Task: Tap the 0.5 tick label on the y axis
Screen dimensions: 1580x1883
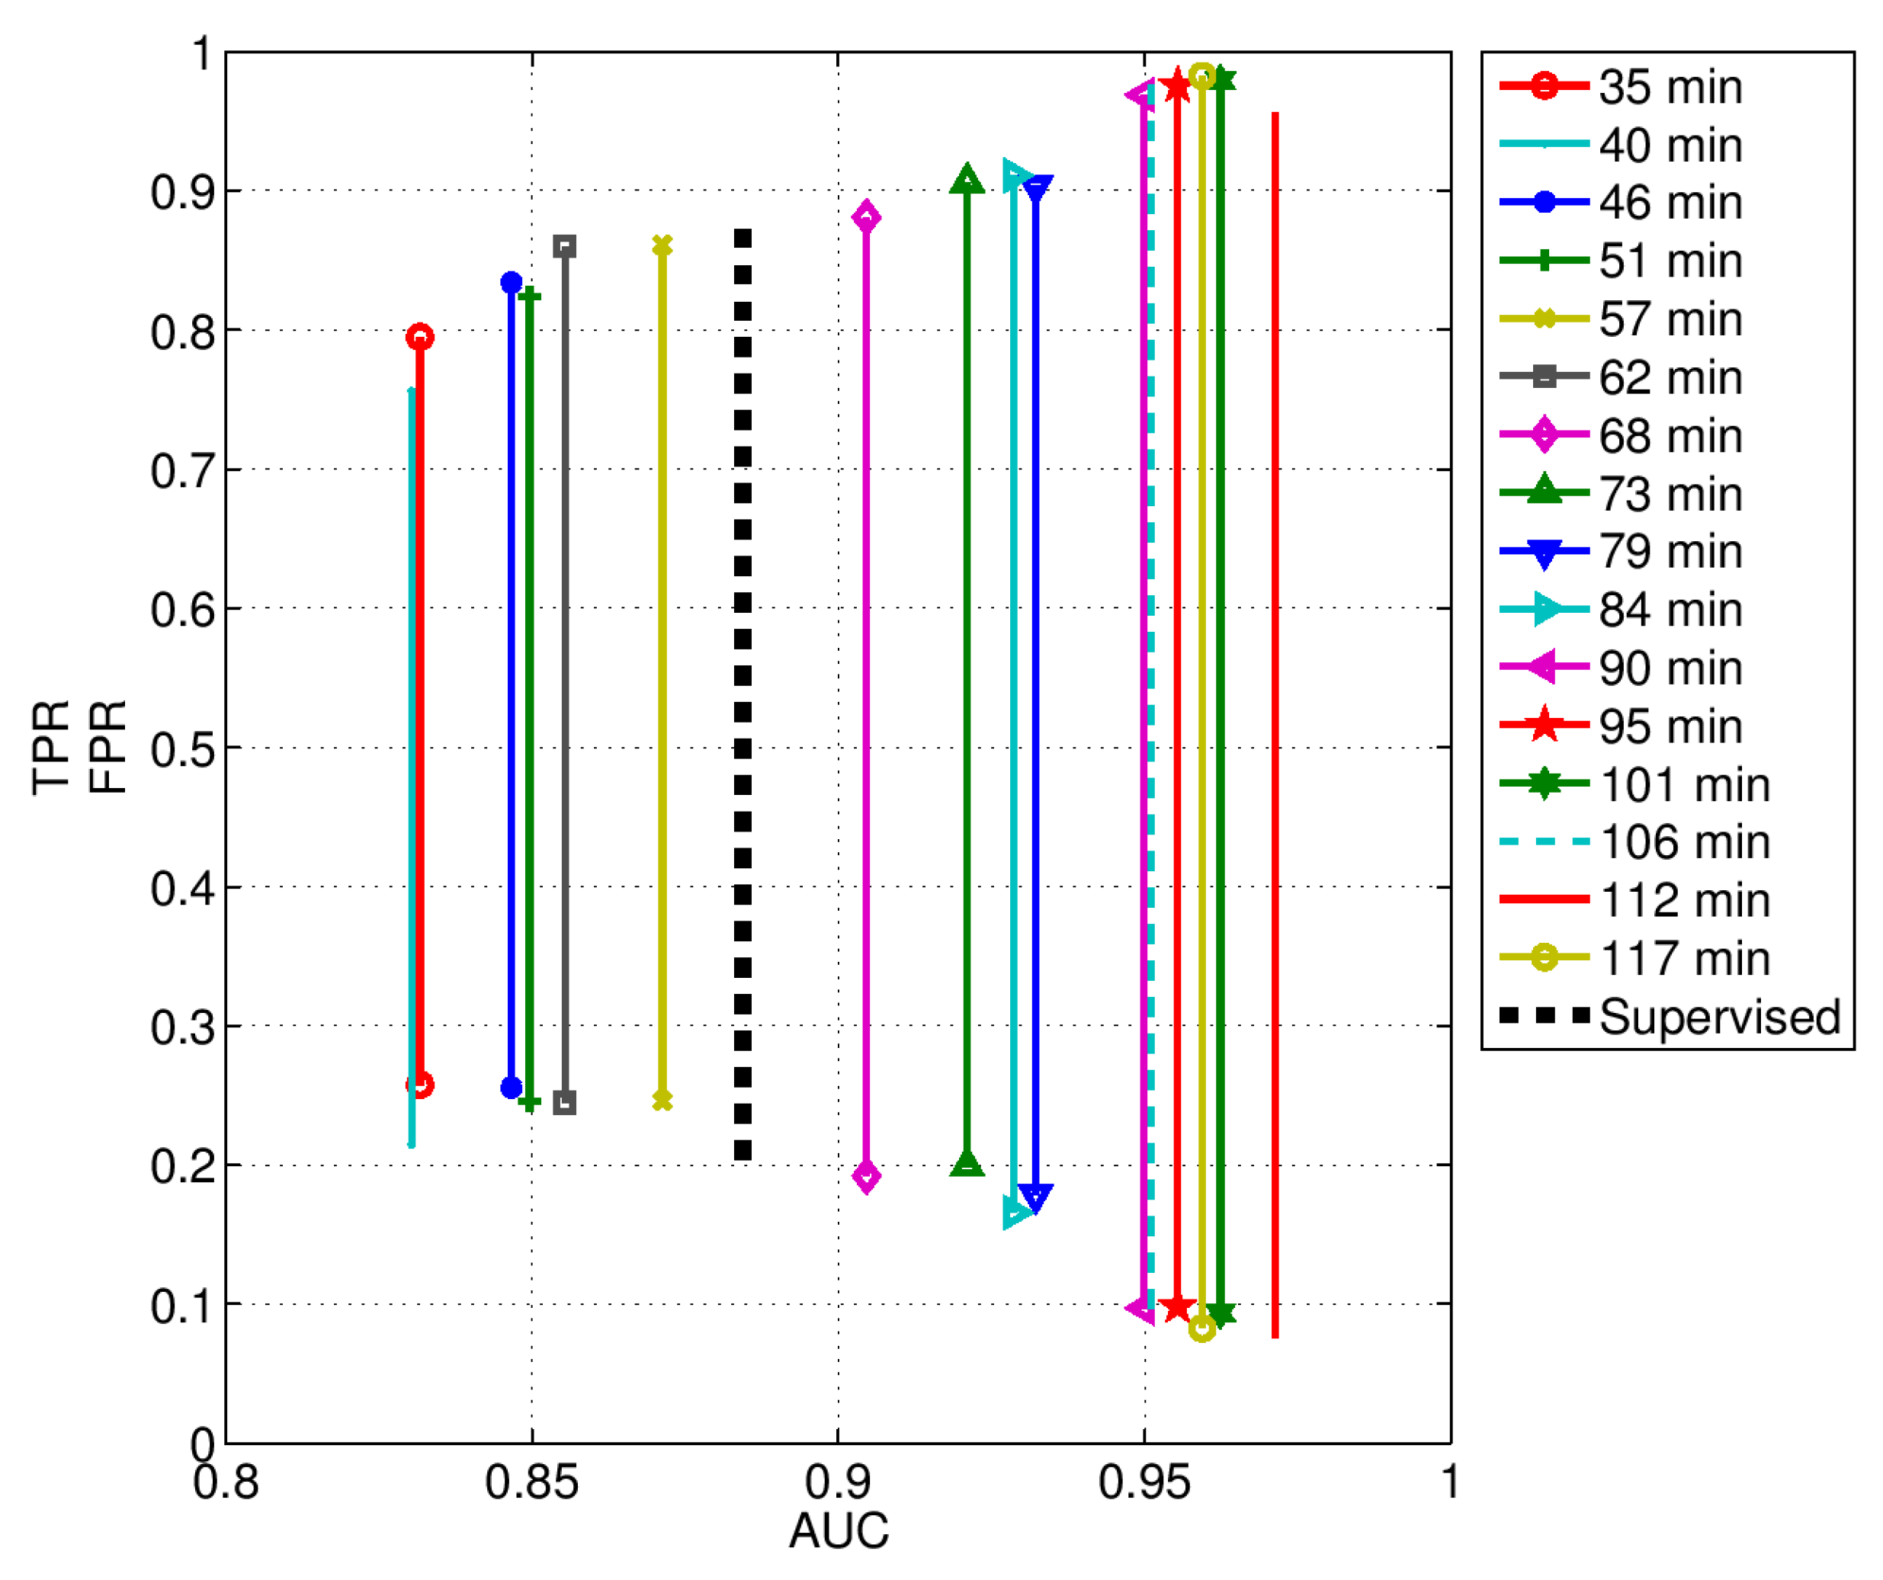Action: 183,748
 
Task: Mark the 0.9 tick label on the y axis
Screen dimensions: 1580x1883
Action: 183,192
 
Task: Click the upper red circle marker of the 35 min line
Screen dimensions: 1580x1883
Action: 419,337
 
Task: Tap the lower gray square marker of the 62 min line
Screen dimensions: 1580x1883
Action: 564,1103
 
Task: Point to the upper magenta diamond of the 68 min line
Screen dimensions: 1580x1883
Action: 866,216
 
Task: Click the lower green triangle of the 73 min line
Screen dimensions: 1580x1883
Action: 967,1164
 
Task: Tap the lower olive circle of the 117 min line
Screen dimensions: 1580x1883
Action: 1202,1328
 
